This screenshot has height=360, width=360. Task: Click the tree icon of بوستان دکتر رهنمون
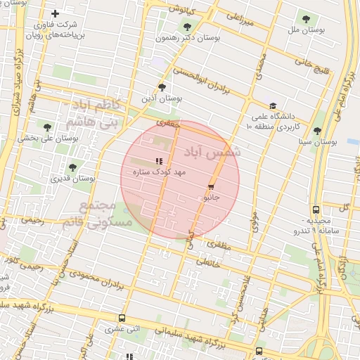187,27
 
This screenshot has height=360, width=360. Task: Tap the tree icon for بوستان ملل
304,19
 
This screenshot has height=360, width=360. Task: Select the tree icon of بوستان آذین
162,87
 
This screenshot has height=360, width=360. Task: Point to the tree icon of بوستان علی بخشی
47,127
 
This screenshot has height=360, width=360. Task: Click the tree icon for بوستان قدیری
72,167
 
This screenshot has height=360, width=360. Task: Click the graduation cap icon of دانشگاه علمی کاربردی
273,105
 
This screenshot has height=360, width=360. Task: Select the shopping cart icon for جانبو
211,187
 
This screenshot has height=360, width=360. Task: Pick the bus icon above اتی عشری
122,318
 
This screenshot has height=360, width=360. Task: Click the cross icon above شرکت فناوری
56,13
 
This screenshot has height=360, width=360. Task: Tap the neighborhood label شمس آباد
212,152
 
